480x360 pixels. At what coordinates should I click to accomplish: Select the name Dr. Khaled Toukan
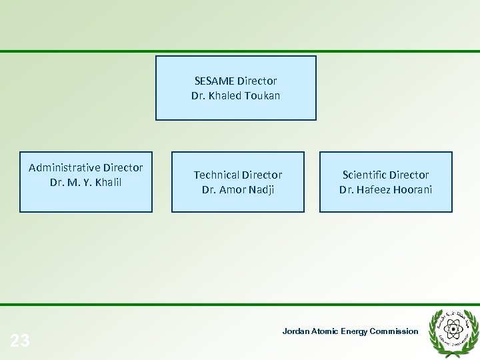235,96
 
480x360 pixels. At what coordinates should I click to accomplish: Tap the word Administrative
65,167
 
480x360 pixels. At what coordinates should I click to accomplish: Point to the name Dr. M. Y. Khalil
85,182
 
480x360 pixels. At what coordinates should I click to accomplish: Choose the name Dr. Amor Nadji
238,190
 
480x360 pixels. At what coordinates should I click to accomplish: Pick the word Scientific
365,175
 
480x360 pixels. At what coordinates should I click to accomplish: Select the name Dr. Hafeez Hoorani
385,190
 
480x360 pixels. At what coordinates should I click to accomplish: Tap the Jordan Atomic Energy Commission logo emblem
453,328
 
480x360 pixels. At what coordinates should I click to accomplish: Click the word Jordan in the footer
296,331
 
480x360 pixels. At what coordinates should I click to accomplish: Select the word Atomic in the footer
325,331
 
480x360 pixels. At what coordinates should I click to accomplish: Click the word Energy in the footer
354,331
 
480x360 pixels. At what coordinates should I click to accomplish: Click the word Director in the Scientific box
409,175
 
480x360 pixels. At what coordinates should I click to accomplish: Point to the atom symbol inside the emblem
453,328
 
